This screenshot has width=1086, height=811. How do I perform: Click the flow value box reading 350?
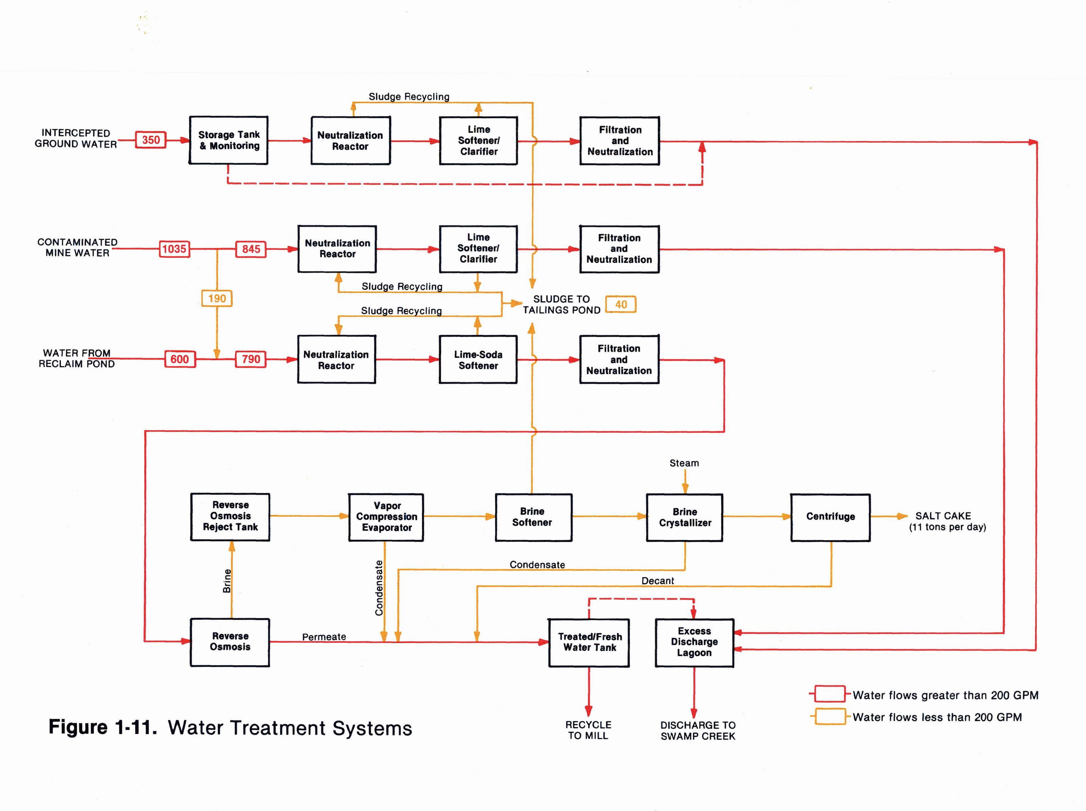coord(151,140)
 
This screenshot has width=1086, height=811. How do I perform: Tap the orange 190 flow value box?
coord(217,298)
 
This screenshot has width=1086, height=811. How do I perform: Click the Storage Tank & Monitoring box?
coord(229,140)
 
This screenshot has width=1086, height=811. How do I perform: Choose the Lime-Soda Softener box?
coord(478,360)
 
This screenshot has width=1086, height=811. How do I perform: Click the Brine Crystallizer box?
coord(685,518)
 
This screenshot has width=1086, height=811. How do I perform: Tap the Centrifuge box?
coord(831,517)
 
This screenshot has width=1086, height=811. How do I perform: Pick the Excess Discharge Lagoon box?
coord(694,642)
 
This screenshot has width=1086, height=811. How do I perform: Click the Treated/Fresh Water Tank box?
coord(589,642)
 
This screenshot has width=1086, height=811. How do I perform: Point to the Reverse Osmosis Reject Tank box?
coord(230,517)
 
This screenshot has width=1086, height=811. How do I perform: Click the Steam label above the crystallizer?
coord(684,463)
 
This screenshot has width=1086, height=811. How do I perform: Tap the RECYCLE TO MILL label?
coord(588,730)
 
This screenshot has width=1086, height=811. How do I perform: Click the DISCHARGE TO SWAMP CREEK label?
coord(698,731)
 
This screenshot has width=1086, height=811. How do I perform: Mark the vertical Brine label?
coord(227,581)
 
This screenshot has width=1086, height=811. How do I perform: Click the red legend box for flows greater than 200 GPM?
coord(830,694)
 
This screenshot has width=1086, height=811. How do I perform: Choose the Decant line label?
coord(657,581)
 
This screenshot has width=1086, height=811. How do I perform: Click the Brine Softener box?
coord(533,517)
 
